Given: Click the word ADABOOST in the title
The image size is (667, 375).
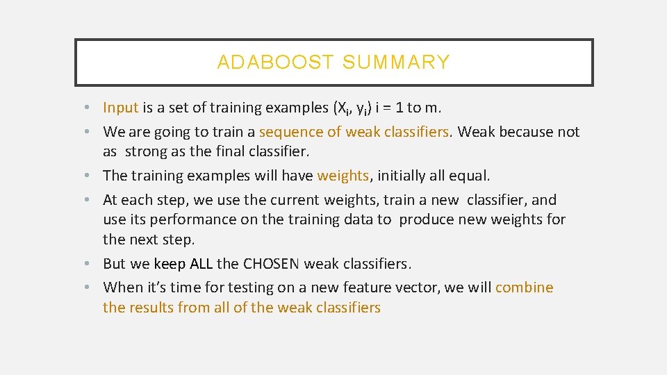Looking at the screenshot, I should click(x=275, y=62).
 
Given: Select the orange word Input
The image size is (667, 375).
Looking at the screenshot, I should click(x=121, y=108).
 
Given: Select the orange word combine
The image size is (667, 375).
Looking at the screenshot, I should click(x=524, y=287).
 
